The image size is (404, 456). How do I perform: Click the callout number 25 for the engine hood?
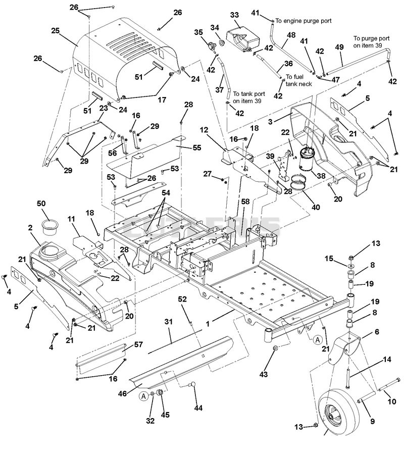pyautogui.click(x=55, y=30)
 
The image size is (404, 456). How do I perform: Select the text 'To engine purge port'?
pyautogui.click(x=304, y=21)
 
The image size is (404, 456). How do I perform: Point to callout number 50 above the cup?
pyautogui.click(x=41, y=204)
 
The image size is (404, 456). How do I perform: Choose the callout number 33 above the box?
pyautogui.click(x=234, y=15)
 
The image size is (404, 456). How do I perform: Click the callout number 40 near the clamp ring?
pyautogui.click(x=316, y=207)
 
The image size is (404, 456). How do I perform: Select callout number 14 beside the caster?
pyautogui.click(x=387, y=360)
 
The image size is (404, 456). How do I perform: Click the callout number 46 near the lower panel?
pyautogui.click(x=122, y=393)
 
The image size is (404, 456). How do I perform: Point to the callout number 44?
pyautogui.click(x=198, y=408)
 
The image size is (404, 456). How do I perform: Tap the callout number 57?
pyautogui.click(x=138, y=344)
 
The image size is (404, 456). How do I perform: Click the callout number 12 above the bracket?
pyautogui.click(x=204, y=130)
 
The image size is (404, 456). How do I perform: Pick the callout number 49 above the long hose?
pyautogui.click(x=339, y=47)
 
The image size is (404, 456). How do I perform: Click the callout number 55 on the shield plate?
pyautogui.click(x=197, y=147)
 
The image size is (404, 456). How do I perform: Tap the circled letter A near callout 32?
pyautogui.click(x=143, y=396)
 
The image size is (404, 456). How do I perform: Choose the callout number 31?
pyautogui.click(x=168, y=322)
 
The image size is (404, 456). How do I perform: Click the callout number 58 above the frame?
pyautogui.click(x=245, y=201)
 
